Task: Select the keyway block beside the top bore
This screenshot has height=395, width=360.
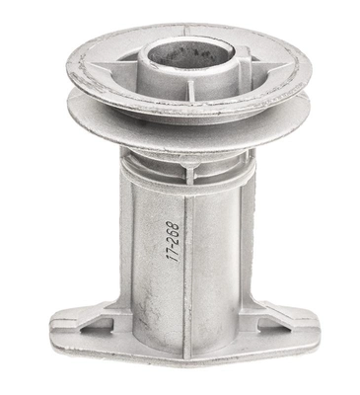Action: pyautogui.click(x=242, y=56)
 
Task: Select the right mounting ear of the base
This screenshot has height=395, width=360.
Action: pyautogui.click(x=286, y=328)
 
